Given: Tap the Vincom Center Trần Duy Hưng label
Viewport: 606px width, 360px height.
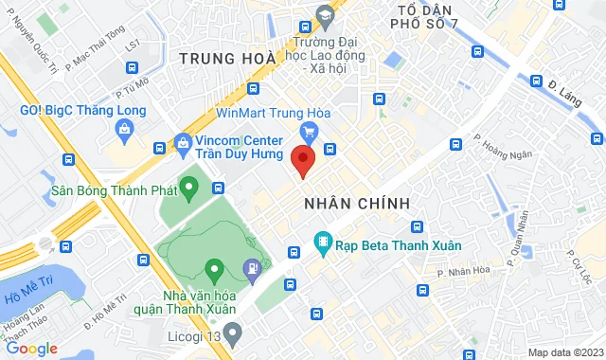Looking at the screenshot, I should (x=247, y=145).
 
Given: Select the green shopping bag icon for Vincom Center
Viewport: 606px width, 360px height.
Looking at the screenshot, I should (x=182, y=145).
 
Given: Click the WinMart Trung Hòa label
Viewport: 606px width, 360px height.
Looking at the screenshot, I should (x=272, y=112).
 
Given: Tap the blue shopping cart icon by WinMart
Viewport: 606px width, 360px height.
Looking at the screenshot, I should (x=309, y=131).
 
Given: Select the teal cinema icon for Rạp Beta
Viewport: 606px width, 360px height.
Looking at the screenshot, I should (x=324, y=244).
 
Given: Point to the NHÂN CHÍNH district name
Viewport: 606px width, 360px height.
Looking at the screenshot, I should (x=357, y=204).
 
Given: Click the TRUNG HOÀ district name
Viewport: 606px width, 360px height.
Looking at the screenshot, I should (x=226, y=59).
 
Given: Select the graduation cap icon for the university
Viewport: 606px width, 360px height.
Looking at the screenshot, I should (x=324, y=15).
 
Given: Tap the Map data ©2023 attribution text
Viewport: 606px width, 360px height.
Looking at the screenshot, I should (x=564, y=352).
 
